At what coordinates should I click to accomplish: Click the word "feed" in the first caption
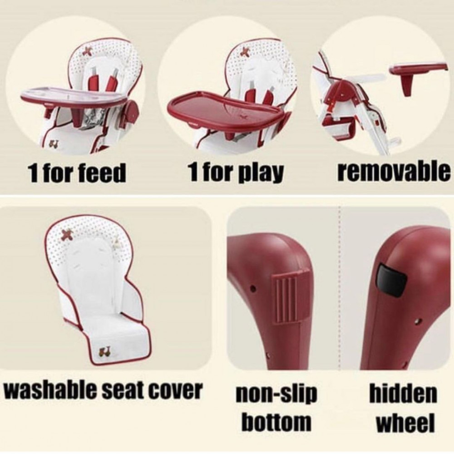(106, 173)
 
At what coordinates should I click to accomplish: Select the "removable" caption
(394, 172)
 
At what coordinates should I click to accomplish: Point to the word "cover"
(178, 390)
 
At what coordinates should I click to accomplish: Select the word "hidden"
(403, 394)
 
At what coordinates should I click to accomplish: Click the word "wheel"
(405, 422)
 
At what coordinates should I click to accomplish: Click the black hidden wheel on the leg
(392, 280)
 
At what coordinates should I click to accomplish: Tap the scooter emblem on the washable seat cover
(102, 352)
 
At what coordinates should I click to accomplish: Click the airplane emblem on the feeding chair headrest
(87, 52)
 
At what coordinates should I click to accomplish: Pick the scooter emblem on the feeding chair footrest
(53, 143)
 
